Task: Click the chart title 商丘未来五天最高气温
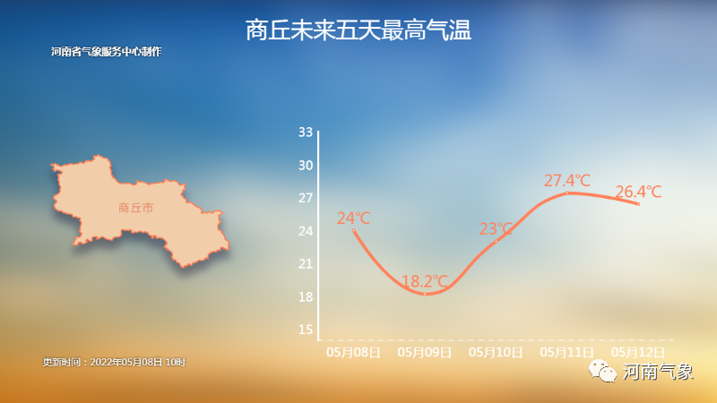tap(358, 30)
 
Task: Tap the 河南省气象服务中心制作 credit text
tap(107, 52)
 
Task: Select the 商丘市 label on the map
tap(135, 208)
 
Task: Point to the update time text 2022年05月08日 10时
tap(138, 363)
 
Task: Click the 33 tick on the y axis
tap(306, 133)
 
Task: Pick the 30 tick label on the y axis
tap(306, 166)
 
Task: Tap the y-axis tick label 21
tap(306, 263)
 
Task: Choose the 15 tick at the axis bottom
tap(306, 330)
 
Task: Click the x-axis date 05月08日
tap(353, 352)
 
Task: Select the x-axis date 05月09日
tap(425, 352)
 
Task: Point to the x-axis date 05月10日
tap(497, 352)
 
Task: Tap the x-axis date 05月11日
tap(567, 352)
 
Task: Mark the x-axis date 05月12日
tap(638, 352)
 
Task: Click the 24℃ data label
tap(353, 219)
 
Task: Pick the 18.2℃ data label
tap(425, 281)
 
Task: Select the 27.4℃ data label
tap(567, 181)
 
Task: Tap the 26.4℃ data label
tap(638, 192)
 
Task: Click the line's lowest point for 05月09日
tap(425, 295)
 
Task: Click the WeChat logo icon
tap(602, 371)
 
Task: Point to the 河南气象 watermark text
tap(658, 372)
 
